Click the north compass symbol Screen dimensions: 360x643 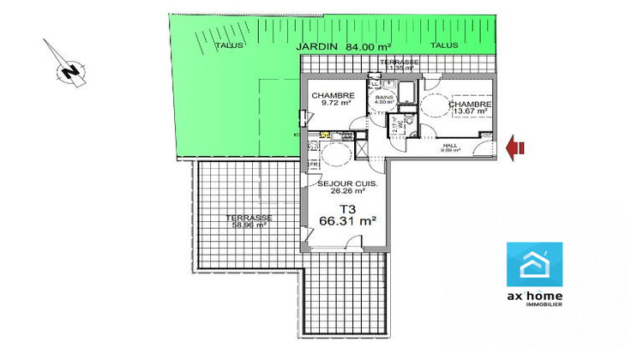tap(68, 70)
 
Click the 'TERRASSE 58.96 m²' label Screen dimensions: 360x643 tap(249, 222)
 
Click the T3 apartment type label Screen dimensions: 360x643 tap(347, 207)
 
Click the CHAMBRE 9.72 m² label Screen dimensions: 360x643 tap(333, 99)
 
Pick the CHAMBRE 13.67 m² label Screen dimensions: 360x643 tap(466, 105)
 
